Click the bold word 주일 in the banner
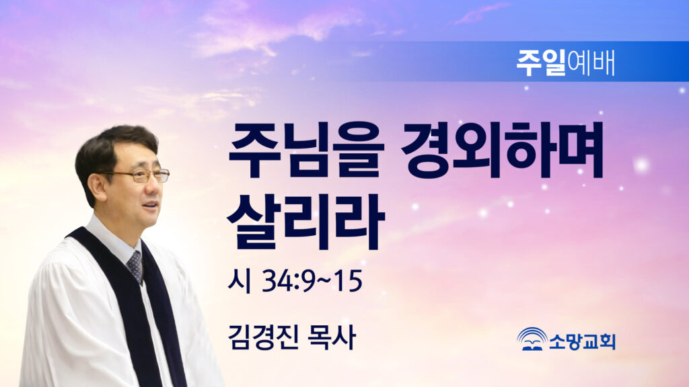tap(541, 62)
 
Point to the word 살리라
tap(306, 222)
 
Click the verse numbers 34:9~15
tap(312, 281)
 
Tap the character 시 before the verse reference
tap(240, 281)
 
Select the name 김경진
tap(263, 337)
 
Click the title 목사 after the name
tap(332, 337)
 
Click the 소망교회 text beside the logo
tap(582, 341)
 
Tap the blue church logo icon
tap(532, 339)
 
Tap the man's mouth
tap(150, 206)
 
